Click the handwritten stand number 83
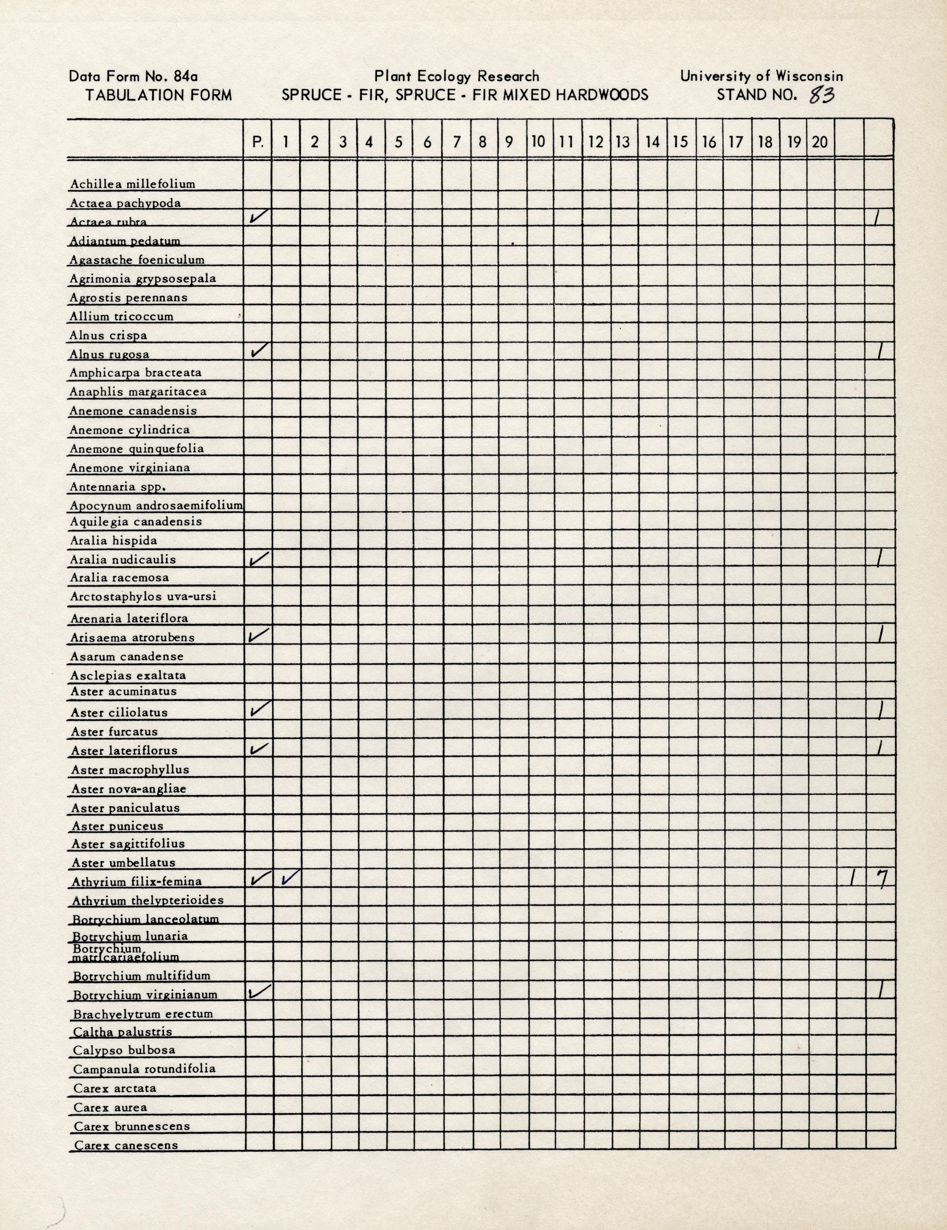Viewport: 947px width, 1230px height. click(x=821, y=96)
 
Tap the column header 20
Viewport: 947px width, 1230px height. click(x=820, y=142)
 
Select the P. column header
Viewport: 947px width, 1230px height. click(x=258, y=142)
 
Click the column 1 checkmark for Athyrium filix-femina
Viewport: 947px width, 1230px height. click(x=291, y=877)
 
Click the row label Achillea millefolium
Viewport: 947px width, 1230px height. click(x=132, y=184)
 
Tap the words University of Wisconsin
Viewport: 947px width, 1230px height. click(x=761, y=76)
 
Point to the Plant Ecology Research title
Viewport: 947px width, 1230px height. click(x=456, y=76)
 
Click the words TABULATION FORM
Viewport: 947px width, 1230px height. click(x=158, y=95)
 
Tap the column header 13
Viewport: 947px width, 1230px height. click(x=623, y=142)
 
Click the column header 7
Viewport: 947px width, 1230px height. click(x=456, y=142)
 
